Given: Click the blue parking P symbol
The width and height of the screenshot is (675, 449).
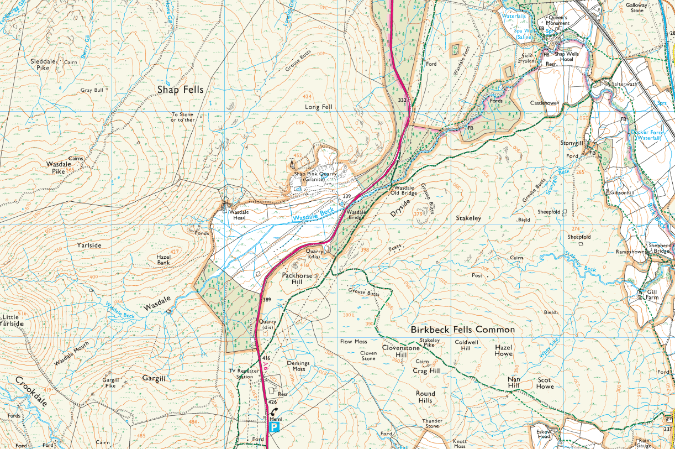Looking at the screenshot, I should pos(274,427).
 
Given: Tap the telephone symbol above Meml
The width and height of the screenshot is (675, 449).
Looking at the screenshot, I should pos(275,412).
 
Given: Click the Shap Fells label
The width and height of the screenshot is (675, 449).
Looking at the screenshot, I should pos(180,90).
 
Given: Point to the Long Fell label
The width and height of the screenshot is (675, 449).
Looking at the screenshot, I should pos(319,107).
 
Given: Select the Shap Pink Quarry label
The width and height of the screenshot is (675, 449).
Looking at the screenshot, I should pos(315,176).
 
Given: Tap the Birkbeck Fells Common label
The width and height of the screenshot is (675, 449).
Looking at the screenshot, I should pos(462,330).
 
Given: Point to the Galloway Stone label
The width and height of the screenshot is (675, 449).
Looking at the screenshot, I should pos(637,7).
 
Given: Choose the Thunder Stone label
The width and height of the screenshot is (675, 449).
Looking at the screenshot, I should pos(433,424).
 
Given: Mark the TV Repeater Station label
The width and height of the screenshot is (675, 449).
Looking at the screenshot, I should pos(241,373).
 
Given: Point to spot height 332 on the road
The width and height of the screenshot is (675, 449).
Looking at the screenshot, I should pos(402,100).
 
